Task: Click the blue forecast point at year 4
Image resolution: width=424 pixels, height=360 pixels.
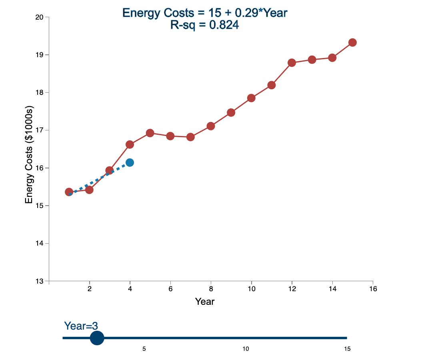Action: click(130, 162)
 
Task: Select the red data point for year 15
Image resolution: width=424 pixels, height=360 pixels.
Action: click(352, 42)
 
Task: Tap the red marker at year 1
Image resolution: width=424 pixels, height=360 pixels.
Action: click(69, 192)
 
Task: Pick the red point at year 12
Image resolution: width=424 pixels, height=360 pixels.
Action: click(292, 63)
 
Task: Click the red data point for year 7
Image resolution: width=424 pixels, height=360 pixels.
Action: click(190, 137)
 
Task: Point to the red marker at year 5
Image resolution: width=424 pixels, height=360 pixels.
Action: click(150, 133)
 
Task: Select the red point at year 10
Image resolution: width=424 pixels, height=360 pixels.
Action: click(251, 98)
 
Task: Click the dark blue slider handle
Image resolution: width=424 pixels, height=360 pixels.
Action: click(97, 338)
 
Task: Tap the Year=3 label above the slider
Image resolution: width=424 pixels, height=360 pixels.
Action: click(81, 326)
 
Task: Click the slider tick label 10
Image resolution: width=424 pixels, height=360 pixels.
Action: click(246, 349)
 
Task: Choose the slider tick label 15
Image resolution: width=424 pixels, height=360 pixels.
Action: click(347, 349)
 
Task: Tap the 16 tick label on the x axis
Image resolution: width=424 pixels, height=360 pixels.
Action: click(373, 289)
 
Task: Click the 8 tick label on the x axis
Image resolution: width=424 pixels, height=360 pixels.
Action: click(211, 289)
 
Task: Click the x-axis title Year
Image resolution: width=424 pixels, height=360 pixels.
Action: click(205, 302)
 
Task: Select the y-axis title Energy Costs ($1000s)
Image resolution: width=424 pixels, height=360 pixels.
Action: click(29, 155)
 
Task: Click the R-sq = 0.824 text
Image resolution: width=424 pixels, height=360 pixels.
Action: click(205, 25)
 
